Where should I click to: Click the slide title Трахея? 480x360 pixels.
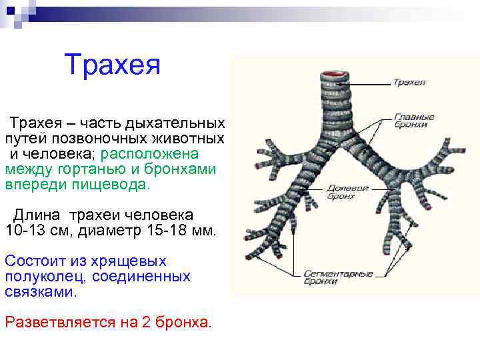113,65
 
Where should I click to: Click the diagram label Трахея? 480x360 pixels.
409,83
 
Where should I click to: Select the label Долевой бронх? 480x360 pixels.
347,192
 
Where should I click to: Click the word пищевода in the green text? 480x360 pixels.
113,184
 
